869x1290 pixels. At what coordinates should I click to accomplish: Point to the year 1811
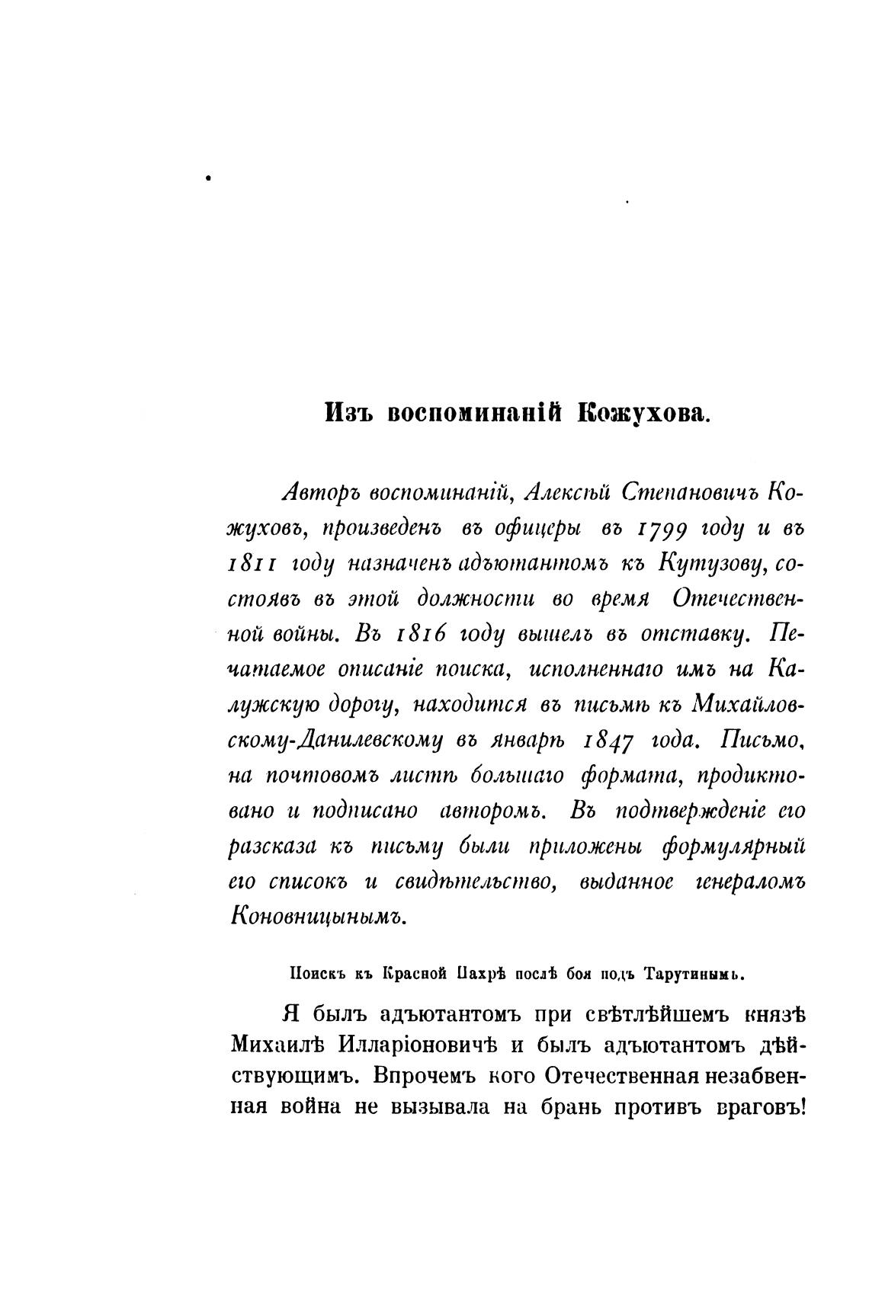[x=255, y=564]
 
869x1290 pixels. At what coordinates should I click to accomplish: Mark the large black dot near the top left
[x=207, y=178]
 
